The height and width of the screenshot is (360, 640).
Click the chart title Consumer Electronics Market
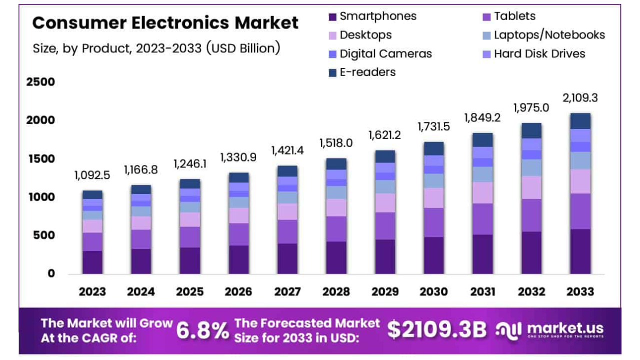(x=165, y=23)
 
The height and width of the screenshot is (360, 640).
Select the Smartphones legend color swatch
(x=332, y=16)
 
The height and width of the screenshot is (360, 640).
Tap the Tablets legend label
(x=514, y=16)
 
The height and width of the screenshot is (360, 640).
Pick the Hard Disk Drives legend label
(x=539, y=53)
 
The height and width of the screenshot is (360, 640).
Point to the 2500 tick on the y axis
(x=40, y=82)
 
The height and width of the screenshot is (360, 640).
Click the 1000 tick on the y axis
(x=40, y=197)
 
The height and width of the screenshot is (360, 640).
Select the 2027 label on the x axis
(x=287, y=291)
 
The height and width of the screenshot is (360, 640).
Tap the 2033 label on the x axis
(x=580, y=291)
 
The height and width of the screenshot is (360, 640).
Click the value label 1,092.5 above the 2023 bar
(x=92, y=175)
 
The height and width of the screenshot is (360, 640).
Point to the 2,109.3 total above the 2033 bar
(x=580, y=97)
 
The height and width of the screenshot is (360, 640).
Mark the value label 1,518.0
(x=336, y=143)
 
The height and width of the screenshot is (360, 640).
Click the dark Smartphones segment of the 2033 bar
(x=580, y=251)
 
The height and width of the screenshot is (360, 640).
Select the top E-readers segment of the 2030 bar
(x=433, y=148)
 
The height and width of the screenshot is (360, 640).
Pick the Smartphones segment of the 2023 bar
(x=92, y=262)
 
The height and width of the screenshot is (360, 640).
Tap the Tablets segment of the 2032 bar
(x=531, y=215)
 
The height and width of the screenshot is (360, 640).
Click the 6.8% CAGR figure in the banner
(x=202, y=330)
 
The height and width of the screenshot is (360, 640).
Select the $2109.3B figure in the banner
(x=436, y=330)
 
